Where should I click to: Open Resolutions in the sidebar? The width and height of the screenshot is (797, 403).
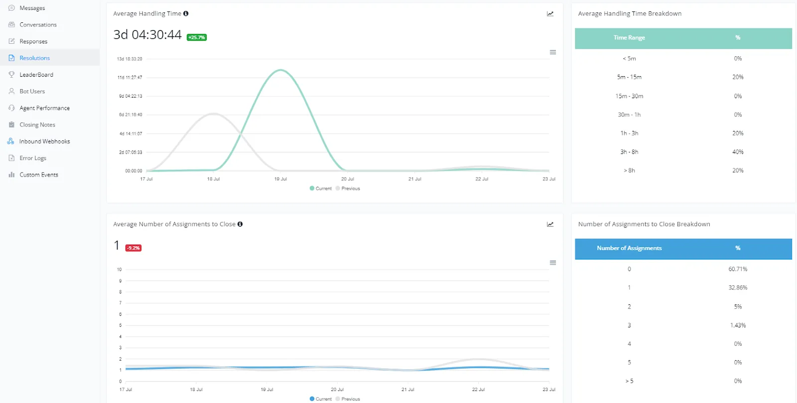click(34, 58)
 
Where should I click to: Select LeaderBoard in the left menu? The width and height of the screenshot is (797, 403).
click(36, 75)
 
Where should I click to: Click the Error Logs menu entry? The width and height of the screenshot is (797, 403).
click(33, 158)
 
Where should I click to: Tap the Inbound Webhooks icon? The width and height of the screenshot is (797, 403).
click(11, 141)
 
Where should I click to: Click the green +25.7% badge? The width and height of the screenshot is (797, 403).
click(196, 37)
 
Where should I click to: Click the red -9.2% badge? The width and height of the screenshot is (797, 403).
click(133, 248)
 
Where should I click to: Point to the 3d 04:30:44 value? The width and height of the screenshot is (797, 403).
click(147, 35)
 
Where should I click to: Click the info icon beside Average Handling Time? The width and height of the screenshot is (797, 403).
click(186, 13)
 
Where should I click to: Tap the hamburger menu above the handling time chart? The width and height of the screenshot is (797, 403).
click(552, 52)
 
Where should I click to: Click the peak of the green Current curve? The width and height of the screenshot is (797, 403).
click(280, 70)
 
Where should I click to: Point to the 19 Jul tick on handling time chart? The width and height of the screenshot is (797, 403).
click(280, 179)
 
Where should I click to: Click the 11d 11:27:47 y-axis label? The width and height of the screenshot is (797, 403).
click(130, 78)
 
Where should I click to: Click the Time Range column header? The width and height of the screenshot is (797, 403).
click(629, 38)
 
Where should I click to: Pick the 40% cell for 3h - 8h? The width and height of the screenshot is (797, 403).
click(738, 152)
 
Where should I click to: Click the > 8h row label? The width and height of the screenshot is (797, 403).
click(629, 171)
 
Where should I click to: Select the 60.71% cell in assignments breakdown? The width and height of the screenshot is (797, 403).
click(738, 269)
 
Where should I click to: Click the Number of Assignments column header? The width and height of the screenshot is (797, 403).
click(629, 248)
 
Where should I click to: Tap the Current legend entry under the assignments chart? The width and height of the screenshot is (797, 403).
click(321, 399)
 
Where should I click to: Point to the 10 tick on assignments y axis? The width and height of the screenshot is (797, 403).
click(119, 270)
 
